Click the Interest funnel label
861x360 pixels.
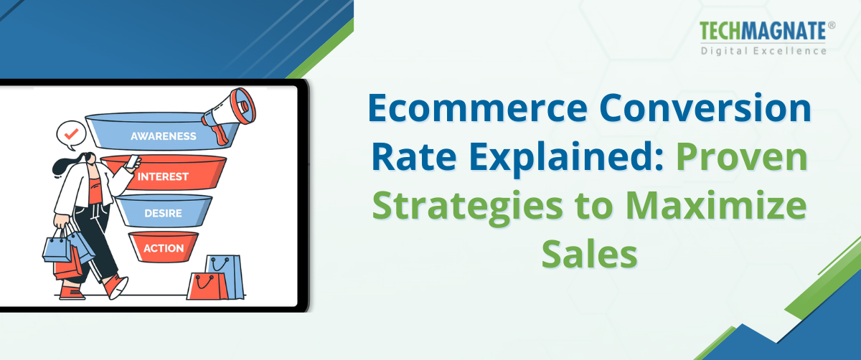point(163,176)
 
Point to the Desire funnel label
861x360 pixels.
point(163,213)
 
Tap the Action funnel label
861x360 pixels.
point(163,249)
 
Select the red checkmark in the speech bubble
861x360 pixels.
point(70,133)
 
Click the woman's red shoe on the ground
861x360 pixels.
point(116,286)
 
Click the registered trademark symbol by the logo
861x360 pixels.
point(832,24)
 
